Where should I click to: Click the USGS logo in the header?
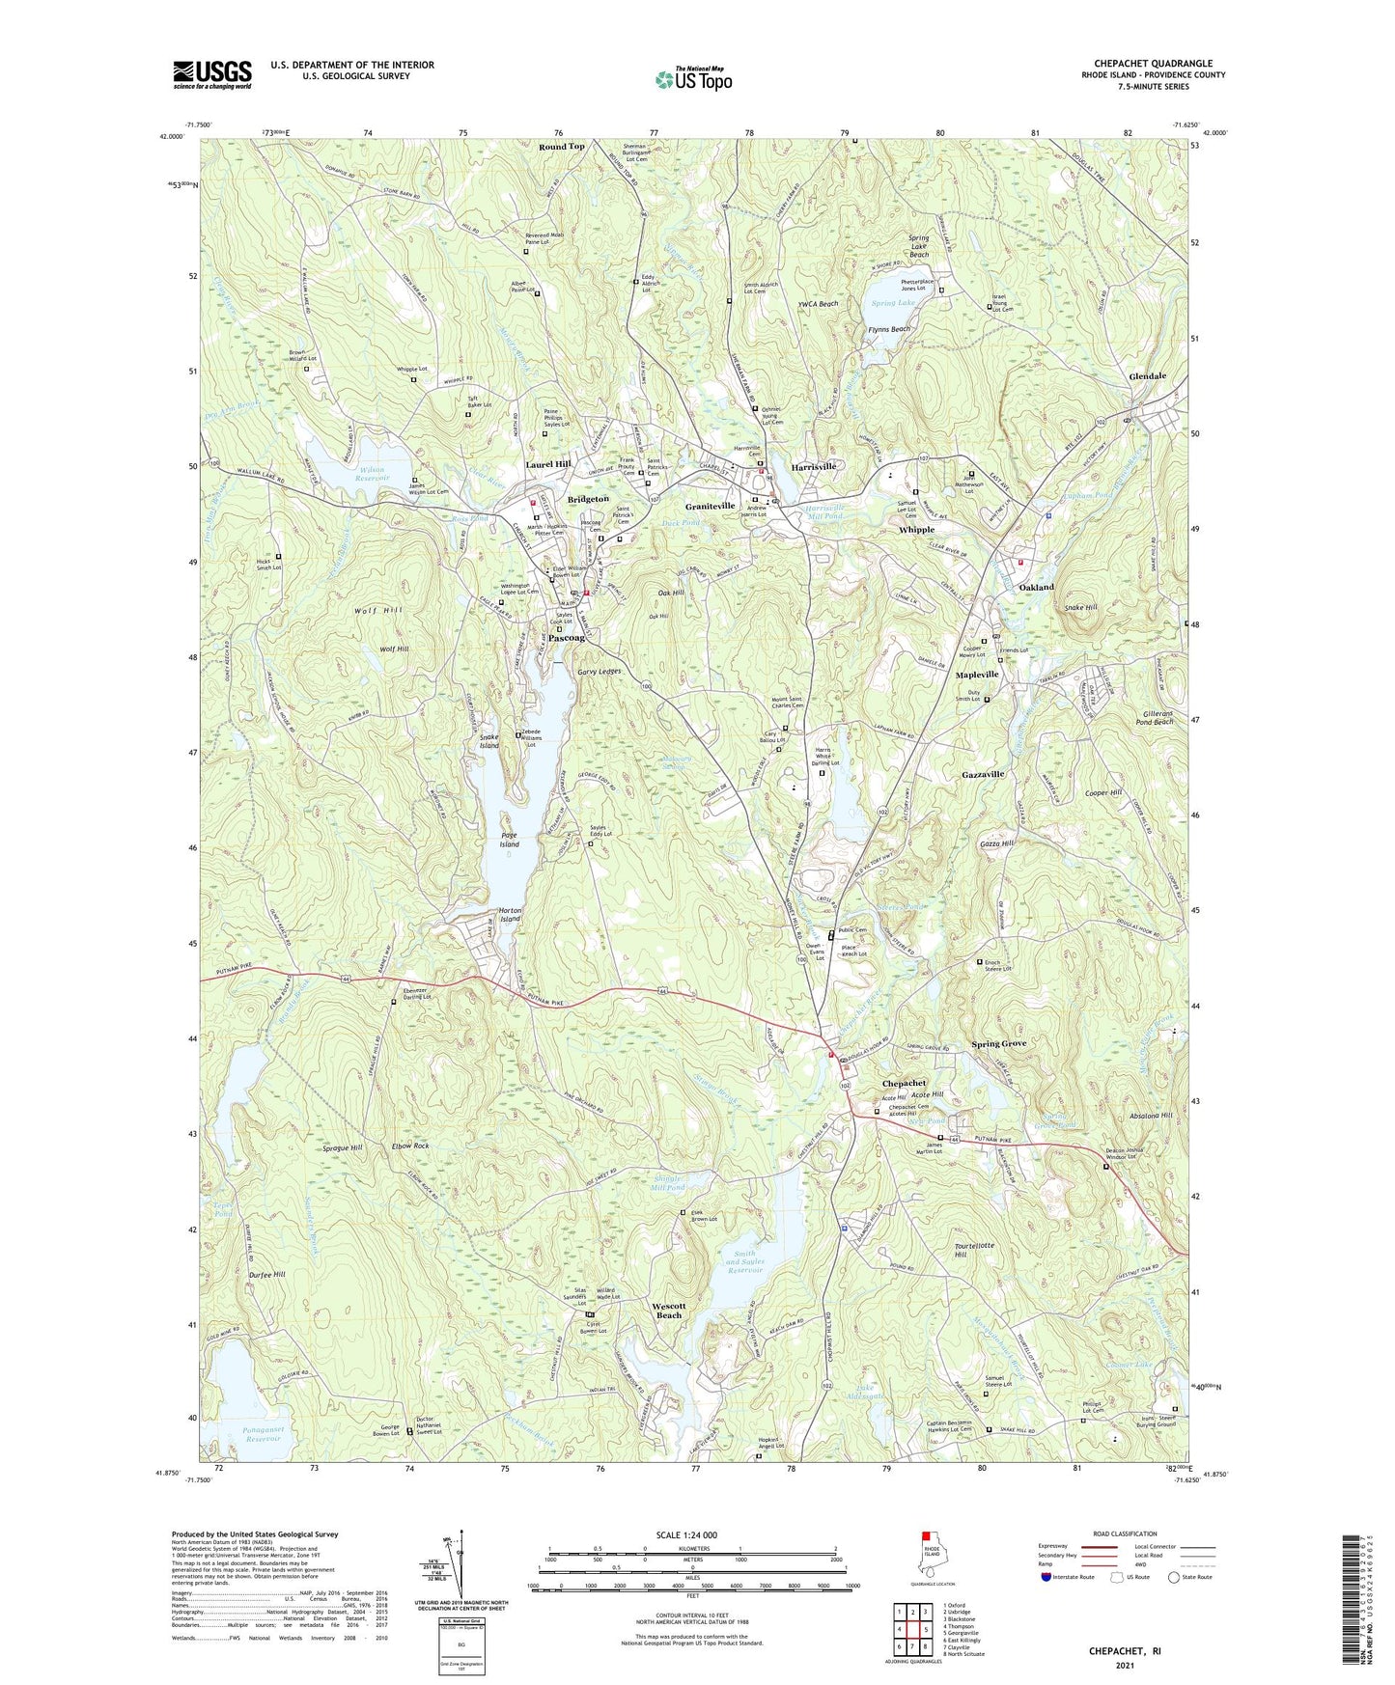(x=212, y=73)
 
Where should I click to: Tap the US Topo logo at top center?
(x=693, y=79)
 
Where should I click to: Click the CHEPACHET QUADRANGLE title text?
(x=1153, y=64)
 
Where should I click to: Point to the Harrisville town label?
(x=813, y=466)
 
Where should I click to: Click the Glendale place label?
(x=1147, y=376)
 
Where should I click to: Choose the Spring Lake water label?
(x=892, y=303)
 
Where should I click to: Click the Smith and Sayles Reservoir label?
(x=744, y=1262)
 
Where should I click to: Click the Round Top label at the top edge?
(x=561, y=147)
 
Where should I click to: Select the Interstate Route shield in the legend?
(x=1046, y=1577)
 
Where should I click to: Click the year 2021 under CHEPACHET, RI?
(x=1124, y=1665)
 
